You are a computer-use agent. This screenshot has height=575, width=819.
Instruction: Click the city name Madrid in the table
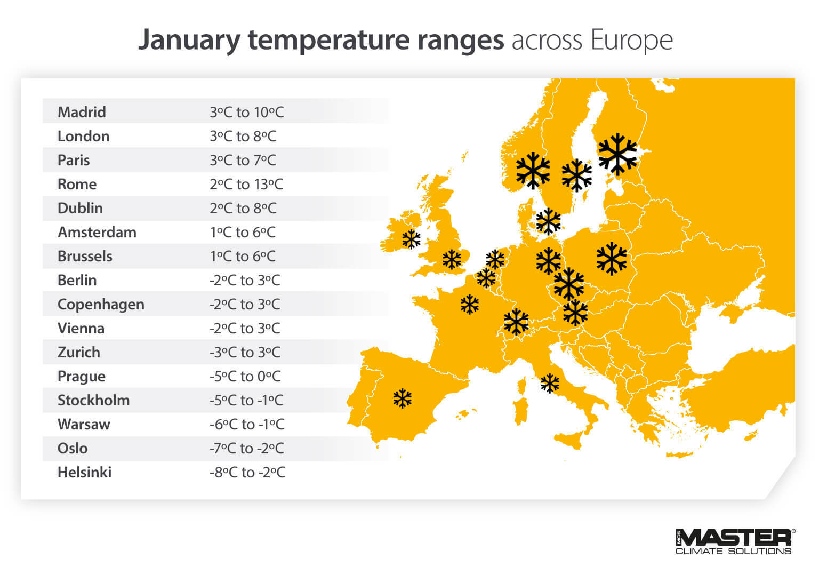tap(82, 112)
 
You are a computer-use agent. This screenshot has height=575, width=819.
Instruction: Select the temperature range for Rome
tap(246, 184)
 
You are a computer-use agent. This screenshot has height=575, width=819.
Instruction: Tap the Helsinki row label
tap(84, 472)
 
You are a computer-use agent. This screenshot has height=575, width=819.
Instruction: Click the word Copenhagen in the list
tap(101, 304)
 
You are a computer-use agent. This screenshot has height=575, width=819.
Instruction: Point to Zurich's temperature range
tap(245, 352)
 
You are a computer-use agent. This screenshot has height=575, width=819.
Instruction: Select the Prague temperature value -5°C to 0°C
tap(245, 376)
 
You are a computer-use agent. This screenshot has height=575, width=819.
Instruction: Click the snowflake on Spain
tap(403, 398)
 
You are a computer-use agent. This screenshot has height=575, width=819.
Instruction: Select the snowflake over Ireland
tap(411, 239)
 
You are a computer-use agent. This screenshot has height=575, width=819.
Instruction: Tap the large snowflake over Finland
tap(617, 154)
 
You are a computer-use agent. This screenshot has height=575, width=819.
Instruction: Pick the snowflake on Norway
tap(533, 171)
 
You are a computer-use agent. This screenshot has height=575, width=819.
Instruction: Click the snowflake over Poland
tap(612, 259)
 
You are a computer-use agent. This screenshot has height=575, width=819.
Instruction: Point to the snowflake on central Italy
tap(550, 383)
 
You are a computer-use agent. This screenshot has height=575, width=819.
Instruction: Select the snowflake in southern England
tap(452, 260)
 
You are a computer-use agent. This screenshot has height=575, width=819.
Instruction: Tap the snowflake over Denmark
tap(548, 221)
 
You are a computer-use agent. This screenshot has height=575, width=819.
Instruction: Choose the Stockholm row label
tap(93, 400)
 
